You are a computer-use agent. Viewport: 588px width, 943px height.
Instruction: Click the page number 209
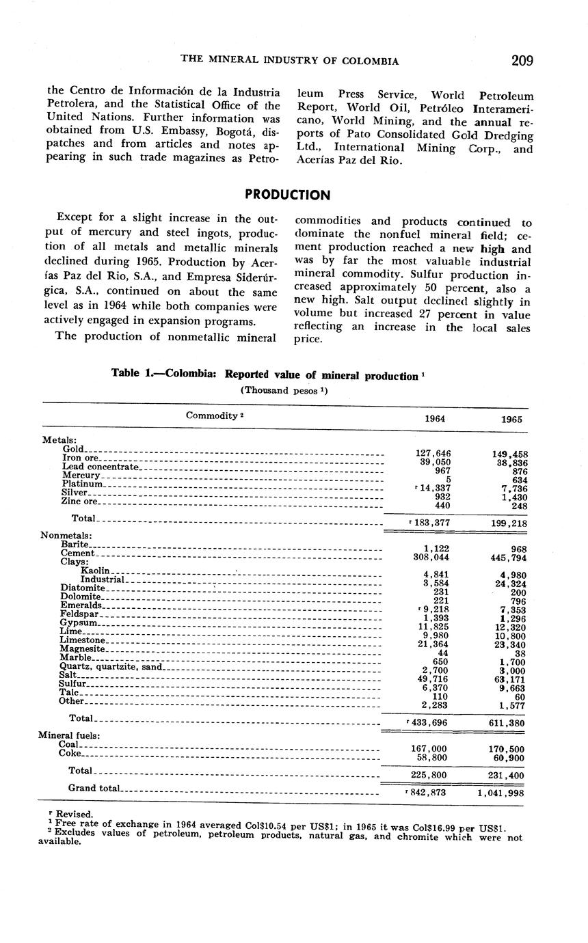(x=522, y=60)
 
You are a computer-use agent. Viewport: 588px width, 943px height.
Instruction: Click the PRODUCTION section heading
(x=287, y=195)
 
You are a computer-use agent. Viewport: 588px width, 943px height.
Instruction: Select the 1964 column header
(x=435, y=419)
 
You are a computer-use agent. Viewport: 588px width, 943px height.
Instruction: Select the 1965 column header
(x=511, y=420)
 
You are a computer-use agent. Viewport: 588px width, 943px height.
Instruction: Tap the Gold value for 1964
(x=433, y=453)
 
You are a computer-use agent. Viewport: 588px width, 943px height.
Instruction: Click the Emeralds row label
(x=81, y=605)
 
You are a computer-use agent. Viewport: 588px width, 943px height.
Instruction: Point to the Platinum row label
(x=82, y=484)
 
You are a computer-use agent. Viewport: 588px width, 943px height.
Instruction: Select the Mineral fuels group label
(x=69, y=735)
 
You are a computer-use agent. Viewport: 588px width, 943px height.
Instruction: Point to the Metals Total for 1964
(x=431, y=523)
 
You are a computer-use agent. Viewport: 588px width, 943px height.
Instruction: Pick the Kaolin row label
(x=94, y=570)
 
